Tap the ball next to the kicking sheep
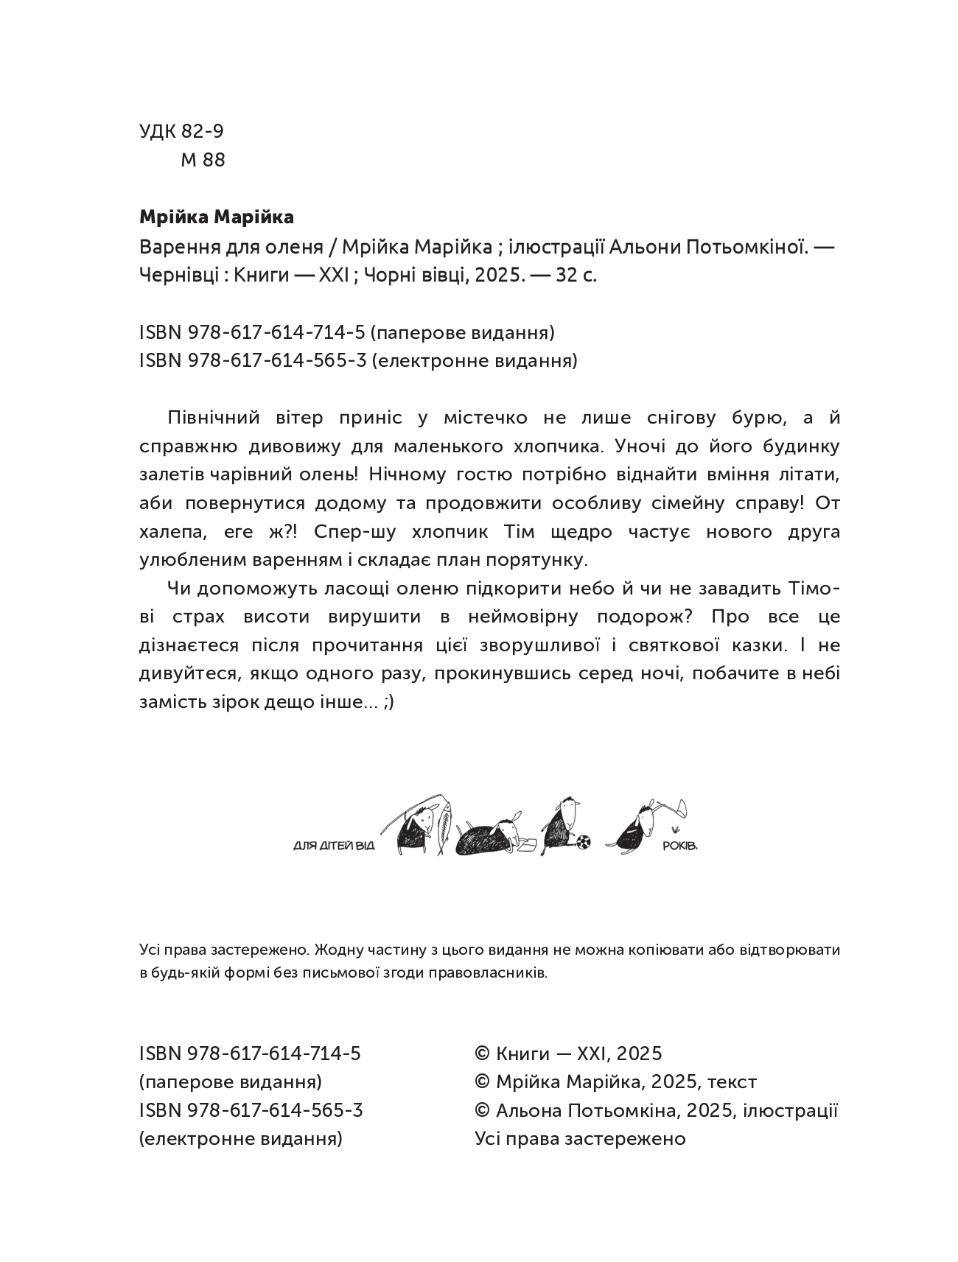pos(581,841)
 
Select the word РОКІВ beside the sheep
pos(679,845)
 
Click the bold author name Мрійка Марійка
pos(216,217)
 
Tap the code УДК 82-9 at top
pos(181,131)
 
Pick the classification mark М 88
pos(203,160)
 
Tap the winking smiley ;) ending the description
pos(389,702)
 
